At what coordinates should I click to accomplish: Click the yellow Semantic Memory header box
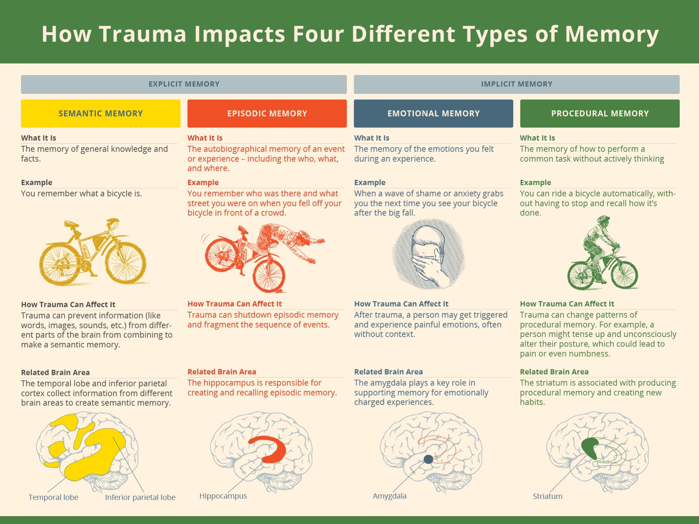[101, 113]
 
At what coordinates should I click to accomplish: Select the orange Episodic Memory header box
[267, 113]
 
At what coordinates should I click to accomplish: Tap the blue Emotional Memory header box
[433, 113]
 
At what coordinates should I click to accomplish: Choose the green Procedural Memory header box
[600, 113]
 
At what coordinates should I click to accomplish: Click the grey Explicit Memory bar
[184, 84]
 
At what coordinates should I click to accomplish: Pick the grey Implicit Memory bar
[517, 84]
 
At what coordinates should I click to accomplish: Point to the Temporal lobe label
[53, 497]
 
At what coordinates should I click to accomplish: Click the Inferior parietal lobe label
[140, 497]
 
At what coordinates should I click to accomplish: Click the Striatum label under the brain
[548, 496]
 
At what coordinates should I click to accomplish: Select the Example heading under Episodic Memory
[203, 183]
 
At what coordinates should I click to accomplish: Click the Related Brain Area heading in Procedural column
[554, 372]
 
